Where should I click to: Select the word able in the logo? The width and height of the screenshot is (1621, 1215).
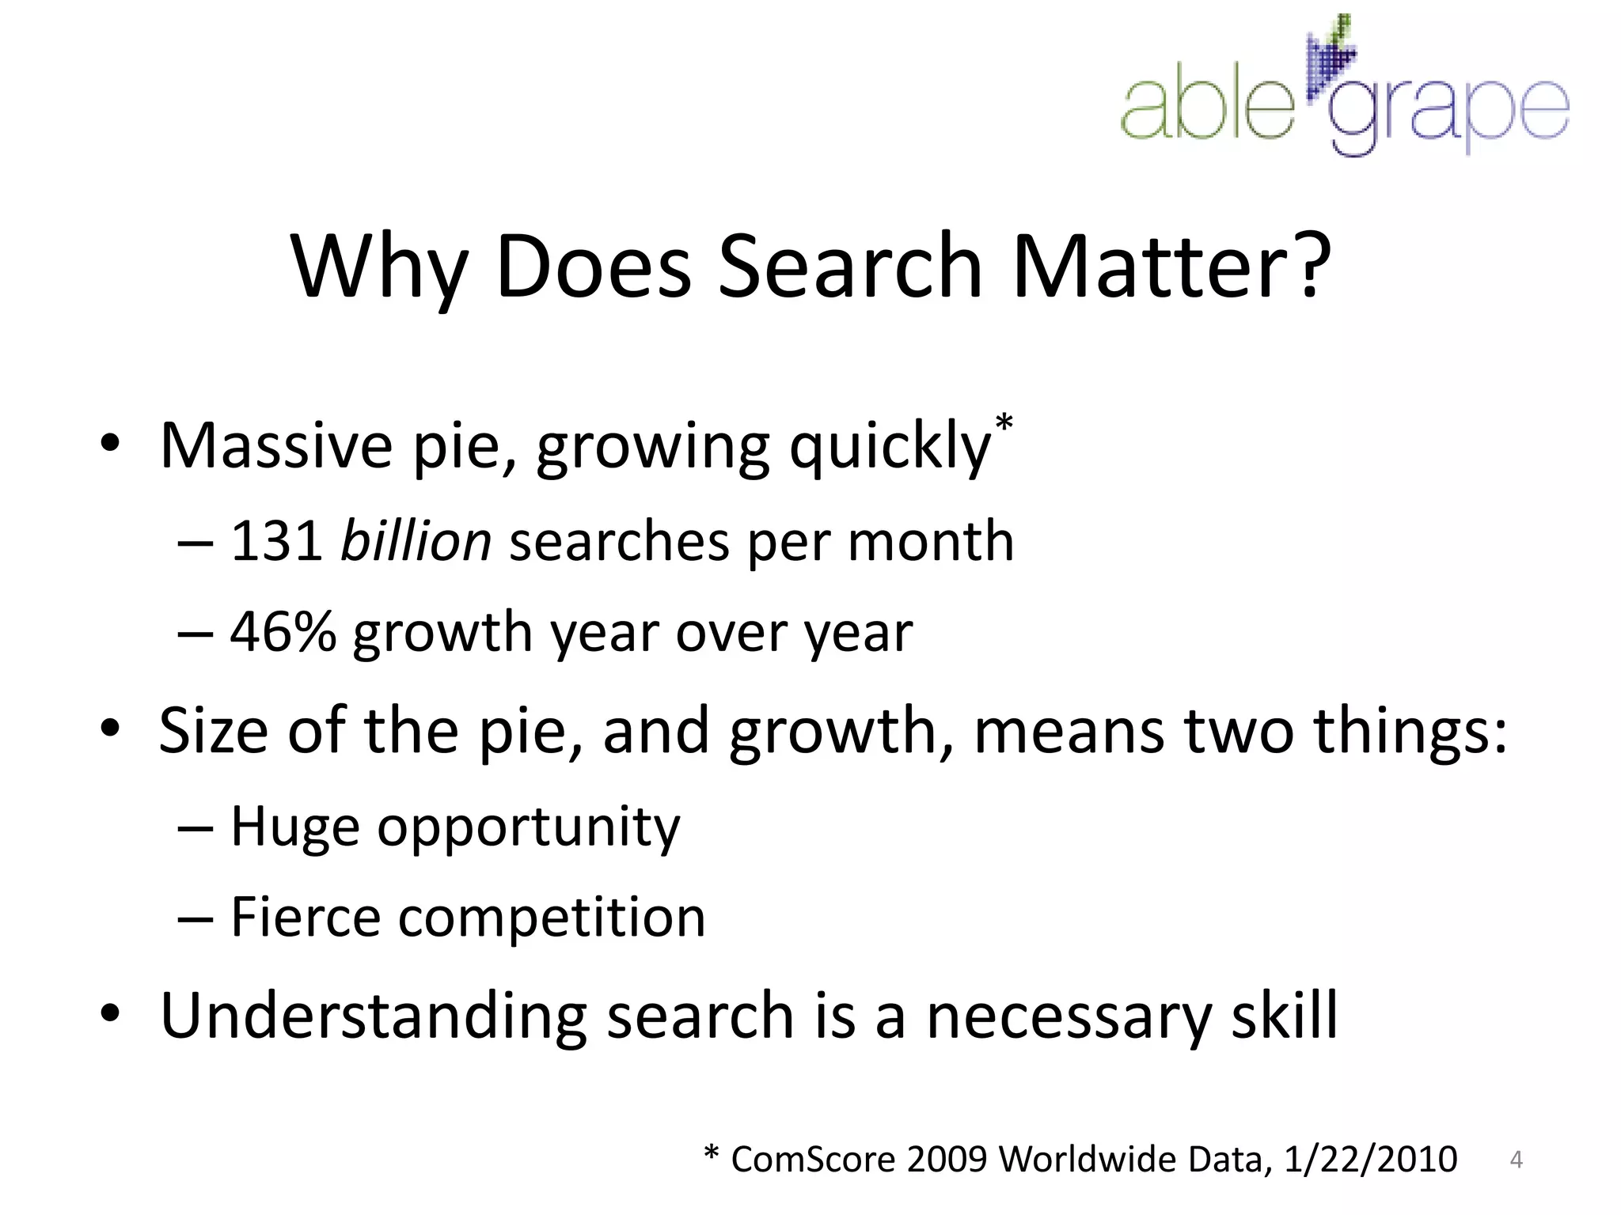1206,108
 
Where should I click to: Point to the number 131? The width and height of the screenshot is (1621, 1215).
276,542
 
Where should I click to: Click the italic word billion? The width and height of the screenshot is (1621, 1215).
416,542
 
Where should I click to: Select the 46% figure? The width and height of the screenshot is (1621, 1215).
283,633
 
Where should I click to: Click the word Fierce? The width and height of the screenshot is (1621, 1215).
306,918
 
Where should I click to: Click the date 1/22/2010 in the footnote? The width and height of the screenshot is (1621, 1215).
1370,1160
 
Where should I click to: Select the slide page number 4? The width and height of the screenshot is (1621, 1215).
1516,1160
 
